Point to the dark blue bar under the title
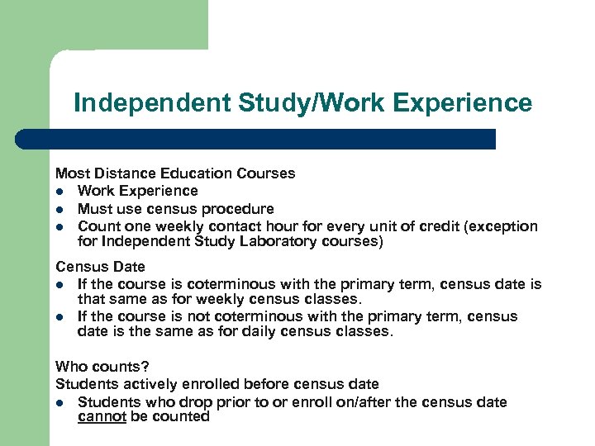(x=273, y=139)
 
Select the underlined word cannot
(x=102, y=417)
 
